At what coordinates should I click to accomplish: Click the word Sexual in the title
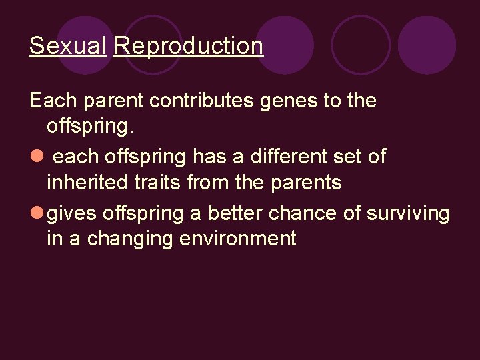click(67, 46)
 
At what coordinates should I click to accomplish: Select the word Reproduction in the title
click(188, 46)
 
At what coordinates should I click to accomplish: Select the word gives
click(73, 213)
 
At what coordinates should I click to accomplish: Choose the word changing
click(128, 239)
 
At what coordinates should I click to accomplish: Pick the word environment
click(237, 239)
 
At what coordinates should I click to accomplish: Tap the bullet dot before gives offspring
click(36, 213)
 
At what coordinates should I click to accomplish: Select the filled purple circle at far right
click(427, 45)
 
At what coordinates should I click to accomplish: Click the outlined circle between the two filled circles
click(361, 45)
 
